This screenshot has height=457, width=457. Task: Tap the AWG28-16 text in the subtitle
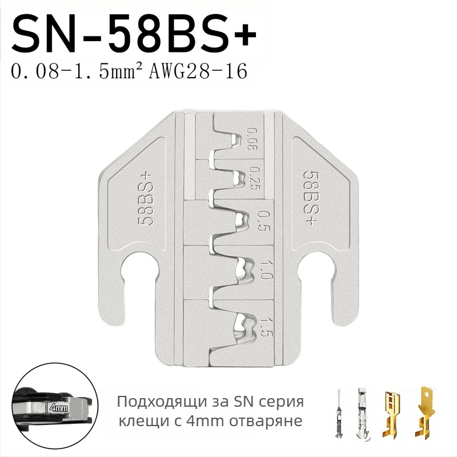click(198, 71)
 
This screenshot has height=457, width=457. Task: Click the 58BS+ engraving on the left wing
click(145, 199)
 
